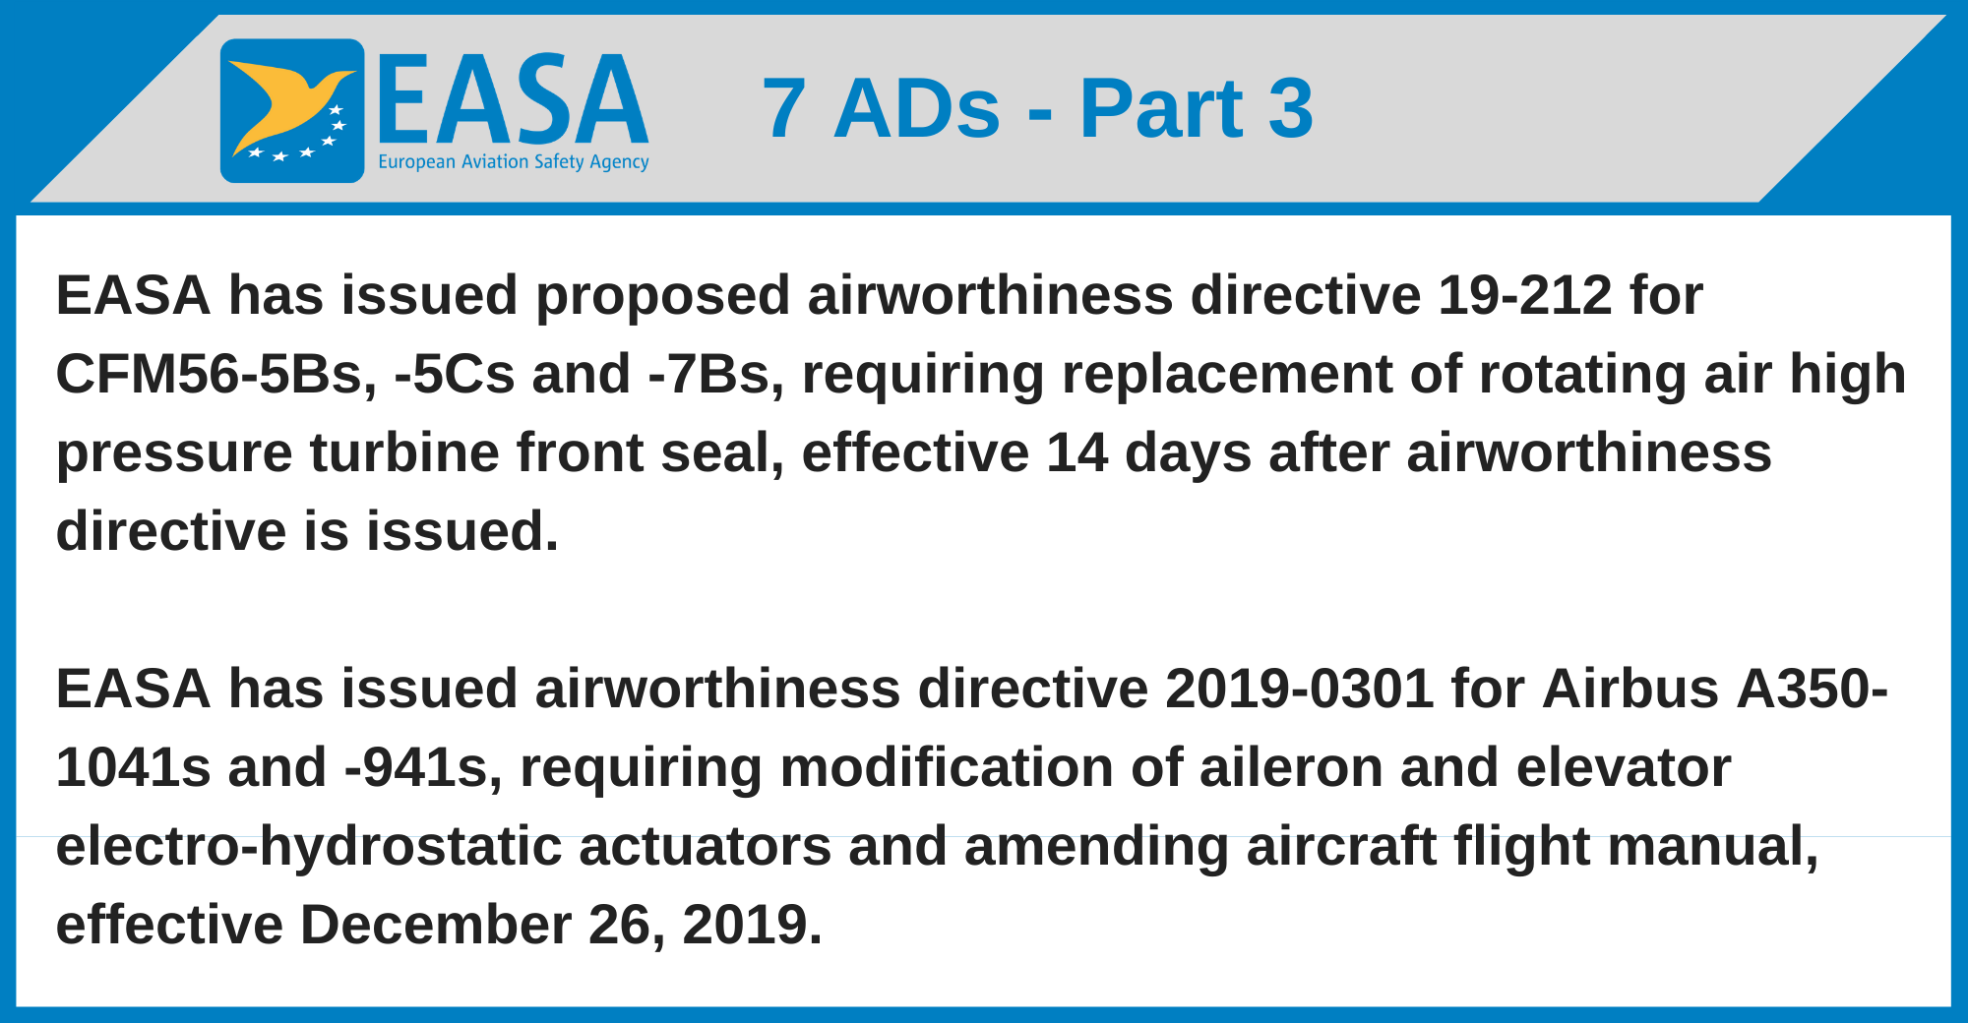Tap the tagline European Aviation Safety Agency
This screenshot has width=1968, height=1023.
click(x=513, y=162)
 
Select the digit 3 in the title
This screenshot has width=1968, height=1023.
click(x=1290, y=108)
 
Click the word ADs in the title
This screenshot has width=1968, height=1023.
click(x=916, y=108)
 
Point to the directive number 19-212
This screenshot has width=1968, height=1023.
click(x=1524, y=295)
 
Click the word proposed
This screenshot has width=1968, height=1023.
click(x=662, y=295)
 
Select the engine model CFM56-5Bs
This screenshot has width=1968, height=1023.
click(x=215, y=374)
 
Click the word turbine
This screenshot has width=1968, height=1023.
click(x=404, y=452)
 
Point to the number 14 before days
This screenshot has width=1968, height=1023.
click(x=1076, y=452)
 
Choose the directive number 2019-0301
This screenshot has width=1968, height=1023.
click(x=1299, y=689)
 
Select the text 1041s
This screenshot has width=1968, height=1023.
click(x=134, y=767)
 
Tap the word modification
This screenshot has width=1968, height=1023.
click(x=946, y=767)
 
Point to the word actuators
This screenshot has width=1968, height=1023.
click(x=705, y=846)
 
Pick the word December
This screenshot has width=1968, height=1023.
click(x=435, y=925)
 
